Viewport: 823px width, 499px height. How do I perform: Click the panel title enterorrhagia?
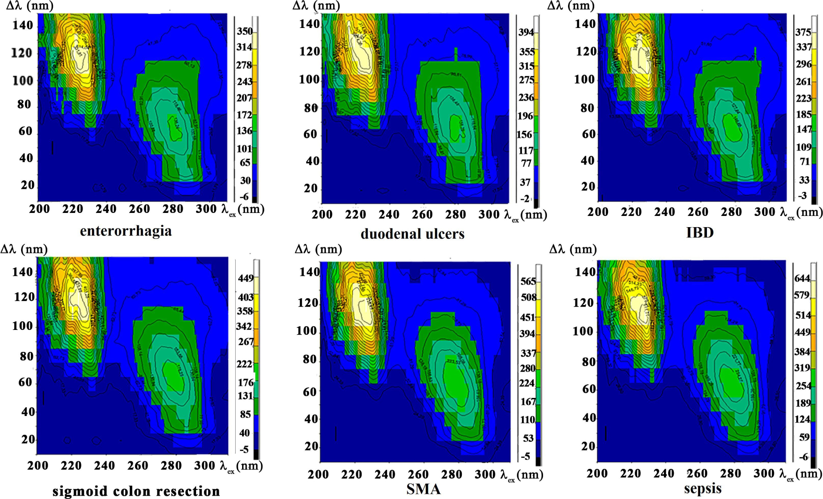[x=126, y=231]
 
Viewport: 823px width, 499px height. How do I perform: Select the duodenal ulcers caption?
[x=412, y=234]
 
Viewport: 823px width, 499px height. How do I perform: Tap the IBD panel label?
[x=700, y=232]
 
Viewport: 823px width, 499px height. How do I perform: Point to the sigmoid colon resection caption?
[x=136, y=491]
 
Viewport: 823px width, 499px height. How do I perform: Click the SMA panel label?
[x=424, y=489]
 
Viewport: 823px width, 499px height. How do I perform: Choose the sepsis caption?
[x=703, y=488]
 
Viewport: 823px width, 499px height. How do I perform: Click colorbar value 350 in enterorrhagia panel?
[x=245, y=31]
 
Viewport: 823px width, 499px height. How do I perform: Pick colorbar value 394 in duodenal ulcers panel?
[x=526, y=32]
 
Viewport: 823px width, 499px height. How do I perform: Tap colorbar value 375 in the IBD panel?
[x=803, y=32]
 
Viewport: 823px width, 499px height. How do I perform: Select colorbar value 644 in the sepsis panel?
[x=802, y=278]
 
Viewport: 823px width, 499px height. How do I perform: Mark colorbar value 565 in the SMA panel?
[x=528, y=281]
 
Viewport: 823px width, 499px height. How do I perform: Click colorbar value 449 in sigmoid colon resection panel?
[x=246, y=278]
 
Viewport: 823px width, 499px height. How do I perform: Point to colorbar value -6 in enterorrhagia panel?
[x=244, y=197]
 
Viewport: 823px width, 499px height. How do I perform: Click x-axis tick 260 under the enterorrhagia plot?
[x=139, y=209]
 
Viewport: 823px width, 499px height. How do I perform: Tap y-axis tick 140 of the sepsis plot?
[x=585, y=272]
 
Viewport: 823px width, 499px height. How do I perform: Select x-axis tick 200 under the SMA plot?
[x=318, y=474]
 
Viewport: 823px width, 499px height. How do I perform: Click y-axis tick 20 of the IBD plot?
[x=588, y=187]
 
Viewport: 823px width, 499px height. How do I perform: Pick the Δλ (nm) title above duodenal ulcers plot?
[x=316, y=6]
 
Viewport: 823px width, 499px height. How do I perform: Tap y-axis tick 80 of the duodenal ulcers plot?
[x=311, y=108]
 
